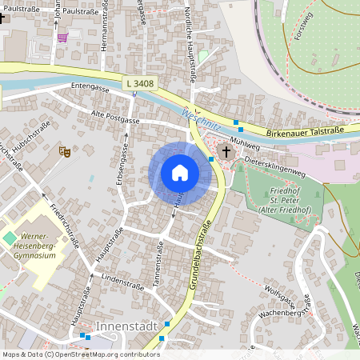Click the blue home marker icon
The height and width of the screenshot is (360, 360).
tap(179, 173)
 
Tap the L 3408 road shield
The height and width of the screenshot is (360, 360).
tap(139, 83)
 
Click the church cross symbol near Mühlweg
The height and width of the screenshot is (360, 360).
tap(226, 150)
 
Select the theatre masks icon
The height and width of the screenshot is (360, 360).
tap(65, 150)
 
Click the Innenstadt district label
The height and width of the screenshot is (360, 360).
tap(123, 327)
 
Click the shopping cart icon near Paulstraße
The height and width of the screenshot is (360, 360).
tap(62, 36)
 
